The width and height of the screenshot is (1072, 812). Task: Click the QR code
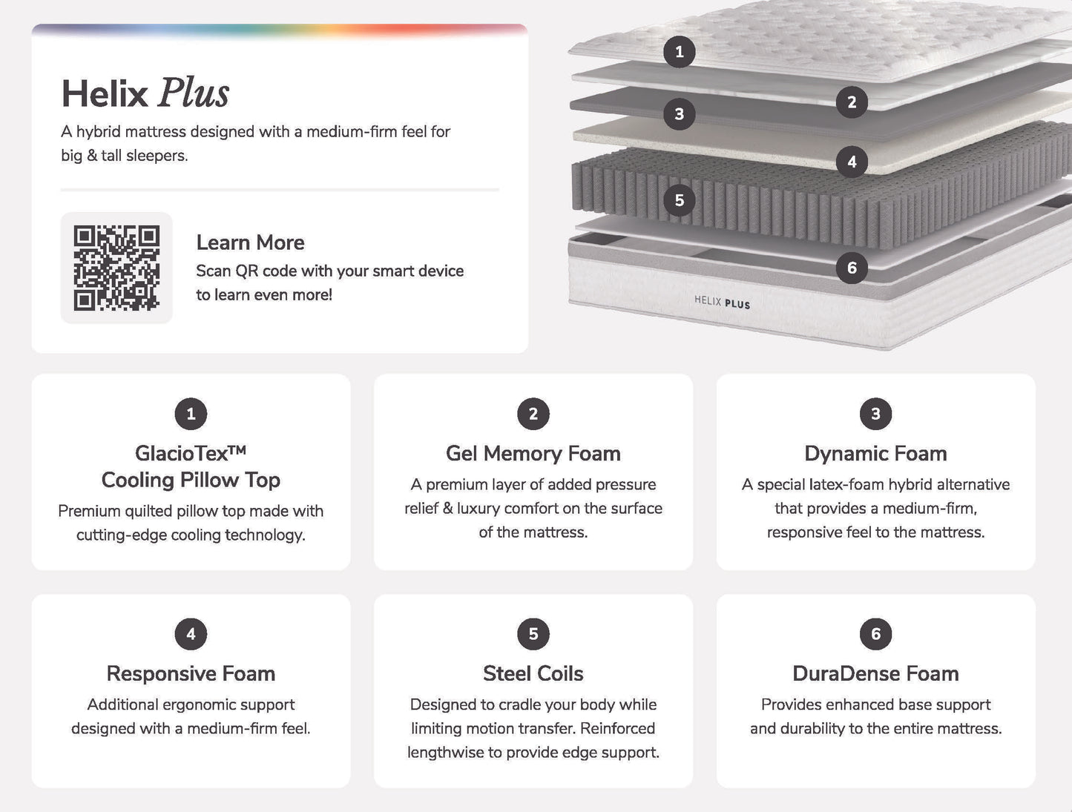tap(116, 268)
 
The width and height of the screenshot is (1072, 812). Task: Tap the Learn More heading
tap(250, 242)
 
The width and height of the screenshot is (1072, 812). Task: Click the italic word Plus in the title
tap(194, 93)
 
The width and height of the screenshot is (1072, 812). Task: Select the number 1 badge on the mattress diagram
tap(680, 52)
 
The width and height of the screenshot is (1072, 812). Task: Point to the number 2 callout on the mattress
tap(852, 102)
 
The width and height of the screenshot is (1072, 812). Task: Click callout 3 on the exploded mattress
tap(680, 114)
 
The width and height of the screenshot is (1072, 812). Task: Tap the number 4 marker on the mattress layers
tap(852, 162)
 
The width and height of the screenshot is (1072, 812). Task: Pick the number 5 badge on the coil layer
tap(680, 200)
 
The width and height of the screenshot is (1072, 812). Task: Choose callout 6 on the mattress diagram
tap(852, 268)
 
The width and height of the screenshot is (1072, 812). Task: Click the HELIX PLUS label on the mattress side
tap(722, 302)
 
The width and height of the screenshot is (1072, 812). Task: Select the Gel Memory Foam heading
tap(533, 454)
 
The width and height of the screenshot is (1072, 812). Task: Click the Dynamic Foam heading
tap(875, 454)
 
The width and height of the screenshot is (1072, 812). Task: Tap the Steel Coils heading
tap(533, 674)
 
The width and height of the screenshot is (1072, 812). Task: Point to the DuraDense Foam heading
tap(875, 674)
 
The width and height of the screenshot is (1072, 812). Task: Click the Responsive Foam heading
tap(191, 674)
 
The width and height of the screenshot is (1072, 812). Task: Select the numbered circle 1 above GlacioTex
tap(191, 414)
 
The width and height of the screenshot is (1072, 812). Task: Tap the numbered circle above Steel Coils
tap(533, 634)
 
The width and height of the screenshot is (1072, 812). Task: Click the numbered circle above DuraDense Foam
tap(875, 634)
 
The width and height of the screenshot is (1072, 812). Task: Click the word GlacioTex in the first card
tap(182, 454)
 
